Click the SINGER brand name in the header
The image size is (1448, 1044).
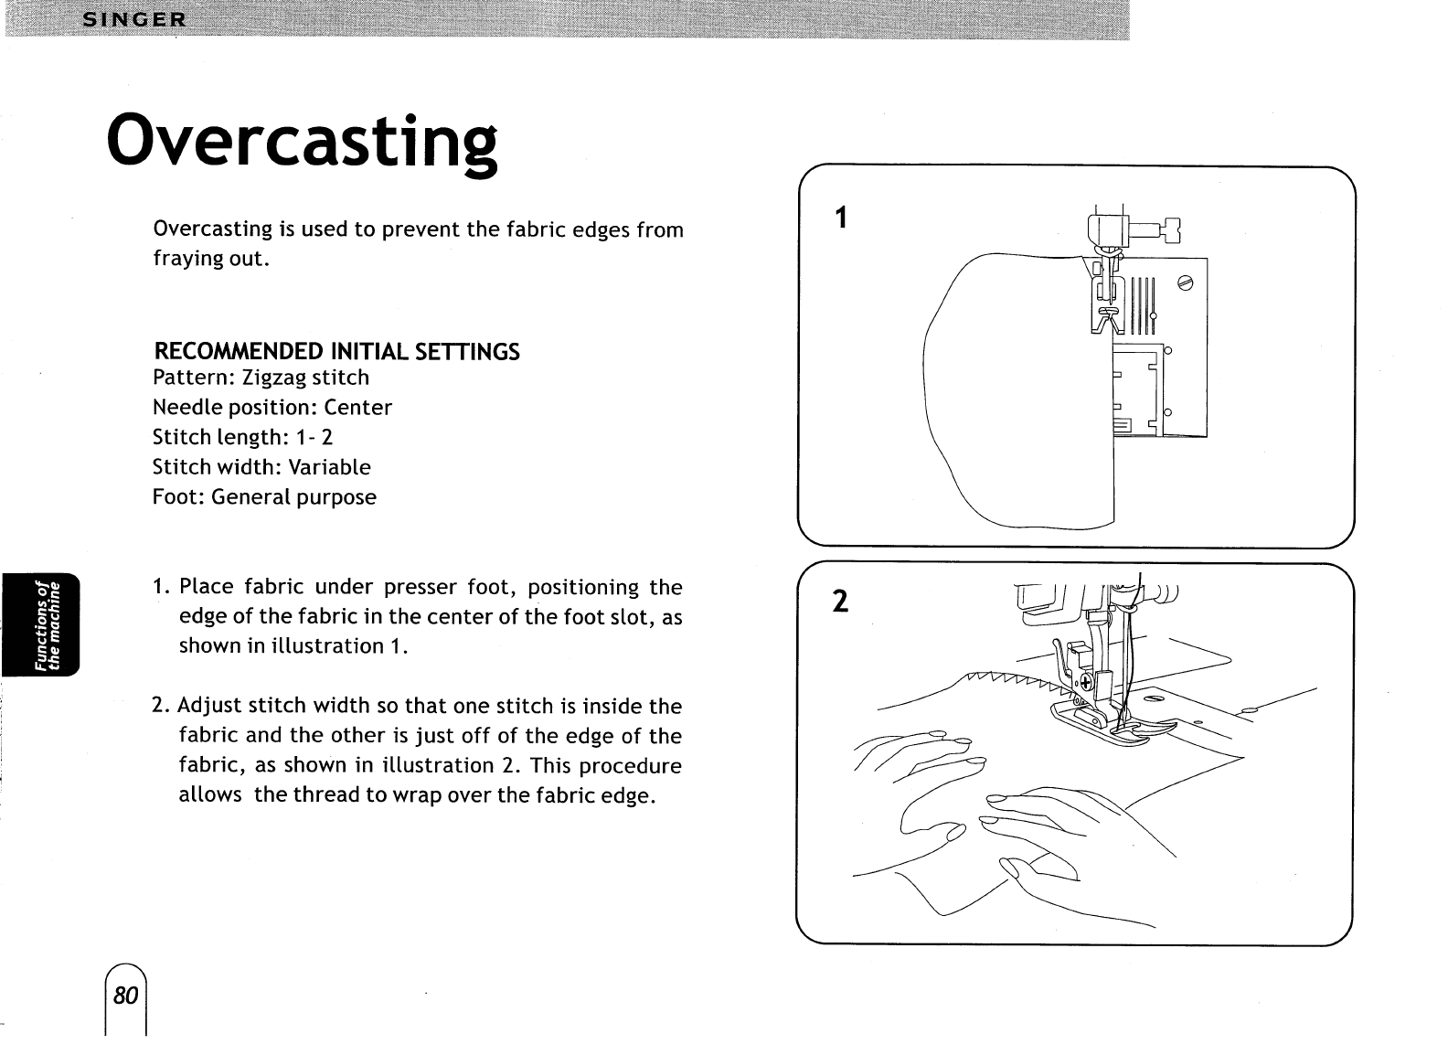point(133,19)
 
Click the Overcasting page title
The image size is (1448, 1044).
point(302,141)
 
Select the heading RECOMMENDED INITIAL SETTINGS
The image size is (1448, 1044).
point(336,351)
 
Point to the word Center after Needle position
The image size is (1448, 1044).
point(357,408)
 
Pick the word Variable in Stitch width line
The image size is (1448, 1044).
point(329,467)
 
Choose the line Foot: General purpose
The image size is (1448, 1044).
point(264,497)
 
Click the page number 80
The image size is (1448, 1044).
point(126,995)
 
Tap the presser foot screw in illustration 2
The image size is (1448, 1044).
point(1087,683)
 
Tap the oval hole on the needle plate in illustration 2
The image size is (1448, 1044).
point(1154,699)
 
